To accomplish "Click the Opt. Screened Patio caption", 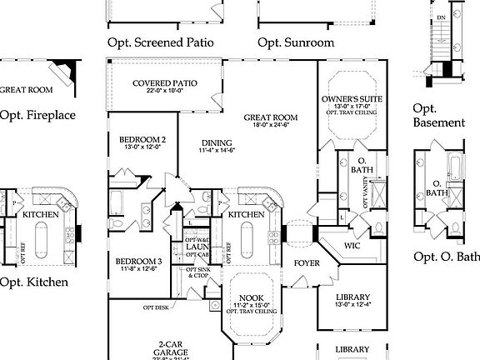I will (161, 42).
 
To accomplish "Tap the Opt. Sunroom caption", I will (296, 42).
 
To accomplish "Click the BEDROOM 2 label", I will (142, 139).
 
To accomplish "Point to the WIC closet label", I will (352, 246).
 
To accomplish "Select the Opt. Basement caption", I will (438, 115).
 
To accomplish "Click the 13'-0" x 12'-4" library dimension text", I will (353, 305).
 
